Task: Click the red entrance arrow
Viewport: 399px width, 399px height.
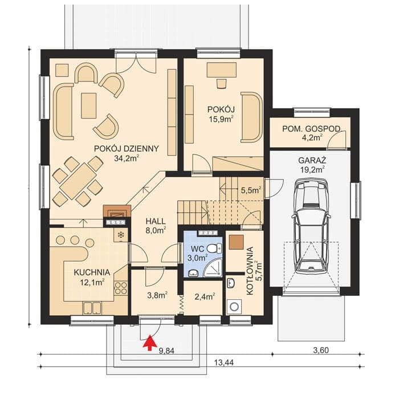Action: pos(150,343)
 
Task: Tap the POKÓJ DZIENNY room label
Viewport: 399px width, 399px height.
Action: pos(127,149)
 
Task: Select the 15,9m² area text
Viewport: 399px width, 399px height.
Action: pos(221,119)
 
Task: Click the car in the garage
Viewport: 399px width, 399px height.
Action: pos(311,226)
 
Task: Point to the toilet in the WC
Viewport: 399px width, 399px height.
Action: pos(215,248)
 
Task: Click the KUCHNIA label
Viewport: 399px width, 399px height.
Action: pos(92,272)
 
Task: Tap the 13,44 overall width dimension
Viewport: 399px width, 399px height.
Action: pos(223,363)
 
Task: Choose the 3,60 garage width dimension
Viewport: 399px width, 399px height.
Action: pos(320,350)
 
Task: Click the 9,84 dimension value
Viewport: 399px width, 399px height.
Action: pos(166,351)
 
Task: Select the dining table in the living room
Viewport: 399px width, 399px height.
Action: pos(78,181)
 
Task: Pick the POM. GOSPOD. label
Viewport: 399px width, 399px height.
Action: pos(311,129)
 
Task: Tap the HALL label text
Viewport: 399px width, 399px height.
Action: pos(156,221)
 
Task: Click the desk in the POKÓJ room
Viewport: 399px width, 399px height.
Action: pos(221,70)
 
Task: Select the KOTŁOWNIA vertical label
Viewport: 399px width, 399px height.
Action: pos(250,271)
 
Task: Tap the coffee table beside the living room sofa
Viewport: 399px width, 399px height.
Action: pos(89,105)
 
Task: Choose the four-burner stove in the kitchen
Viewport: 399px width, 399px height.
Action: pos(120,288)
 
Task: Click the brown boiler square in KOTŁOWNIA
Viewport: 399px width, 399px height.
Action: pos(237,242)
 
